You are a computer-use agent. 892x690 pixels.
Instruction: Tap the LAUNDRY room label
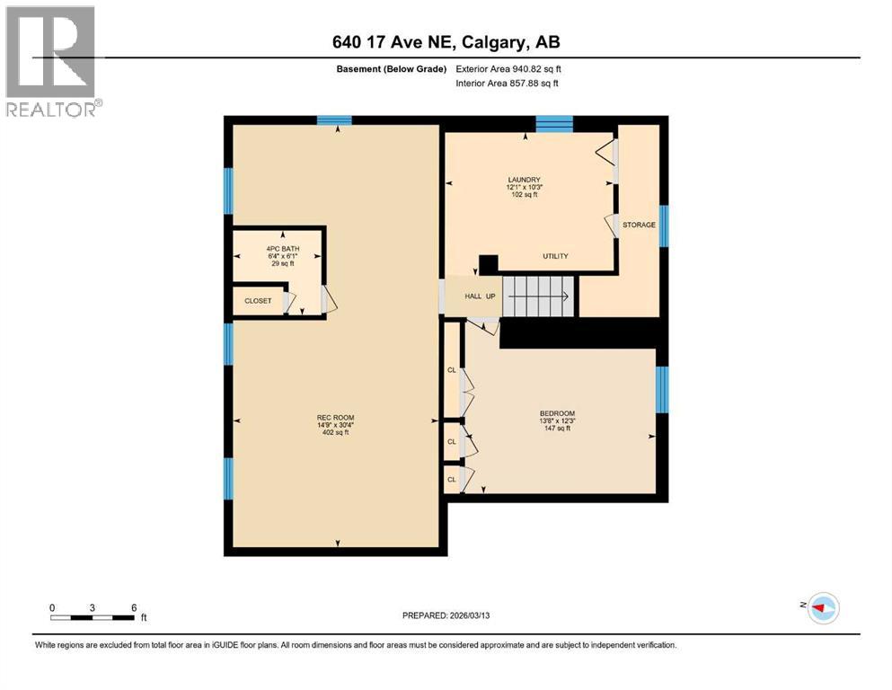tap(524, 179)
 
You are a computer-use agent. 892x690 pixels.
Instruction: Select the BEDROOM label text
tap(557, 413)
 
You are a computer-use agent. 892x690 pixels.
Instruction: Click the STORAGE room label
tap(639, 225)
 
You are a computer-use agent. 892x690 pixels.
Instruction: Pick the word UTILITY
tap(555, 256)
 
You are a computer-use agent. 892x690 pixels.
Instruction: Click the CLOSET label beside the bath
tap(258, 301)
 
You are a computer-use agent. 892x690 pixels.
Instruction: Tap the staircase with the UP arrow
tap(537, 296)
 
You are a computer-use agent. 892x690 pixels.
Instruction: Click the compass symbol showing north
tap(821, 608)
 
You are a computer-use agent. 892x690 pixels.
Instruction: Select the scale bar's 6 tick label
tap(133, 608)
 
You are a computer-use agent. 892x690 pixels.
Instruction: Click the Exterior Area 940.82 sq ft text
tap(508, 69)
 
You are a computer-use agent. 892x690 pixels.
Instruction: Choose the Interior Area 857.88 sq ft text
tap(508, 84)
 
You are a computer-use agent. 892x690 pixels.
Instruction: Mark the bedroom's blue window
tap(662, 389)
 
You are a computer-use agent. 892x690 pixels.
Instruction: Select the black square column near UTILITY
tap(488, 264)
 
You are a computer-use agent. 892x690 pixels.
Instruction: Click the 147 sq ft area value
tap(556, 429)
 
